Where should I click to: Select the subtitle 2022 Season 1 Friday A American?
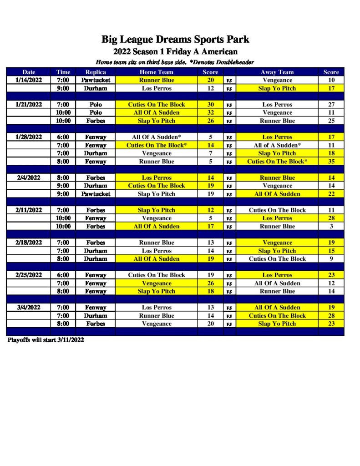click(175, 52)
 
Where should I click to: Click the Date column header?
click(29, 72)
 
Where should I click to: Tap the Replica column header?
click(96, 72)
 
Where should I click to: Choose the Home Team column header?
click(156, 72)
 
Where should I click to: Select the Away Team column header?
click(277, 72)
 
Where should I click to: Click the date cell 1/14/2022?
click(29, 80)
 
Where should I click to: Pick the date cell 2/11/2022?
click(29, 210)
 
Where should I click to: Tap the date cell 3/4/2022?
click(29, 308)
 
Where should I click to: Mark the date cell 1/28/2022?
click(29, 137)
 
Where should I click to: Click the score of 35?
click(331, 162)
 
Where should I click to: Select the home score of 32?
click(211, 112)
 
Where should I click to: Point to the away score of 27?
click(331, 105)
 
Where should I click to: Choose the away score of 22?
click(331, 194)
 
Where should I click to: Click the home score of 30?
click(211, 105)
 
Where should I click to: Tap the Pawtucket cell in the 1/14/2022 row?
click(96, 80)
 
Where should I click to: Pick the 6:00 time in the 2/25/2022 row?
click(63, 275)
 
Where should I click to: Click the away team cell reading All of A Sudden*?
click(277, 145)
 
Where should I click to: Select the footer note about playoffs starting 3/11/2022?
click(46, 340)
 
